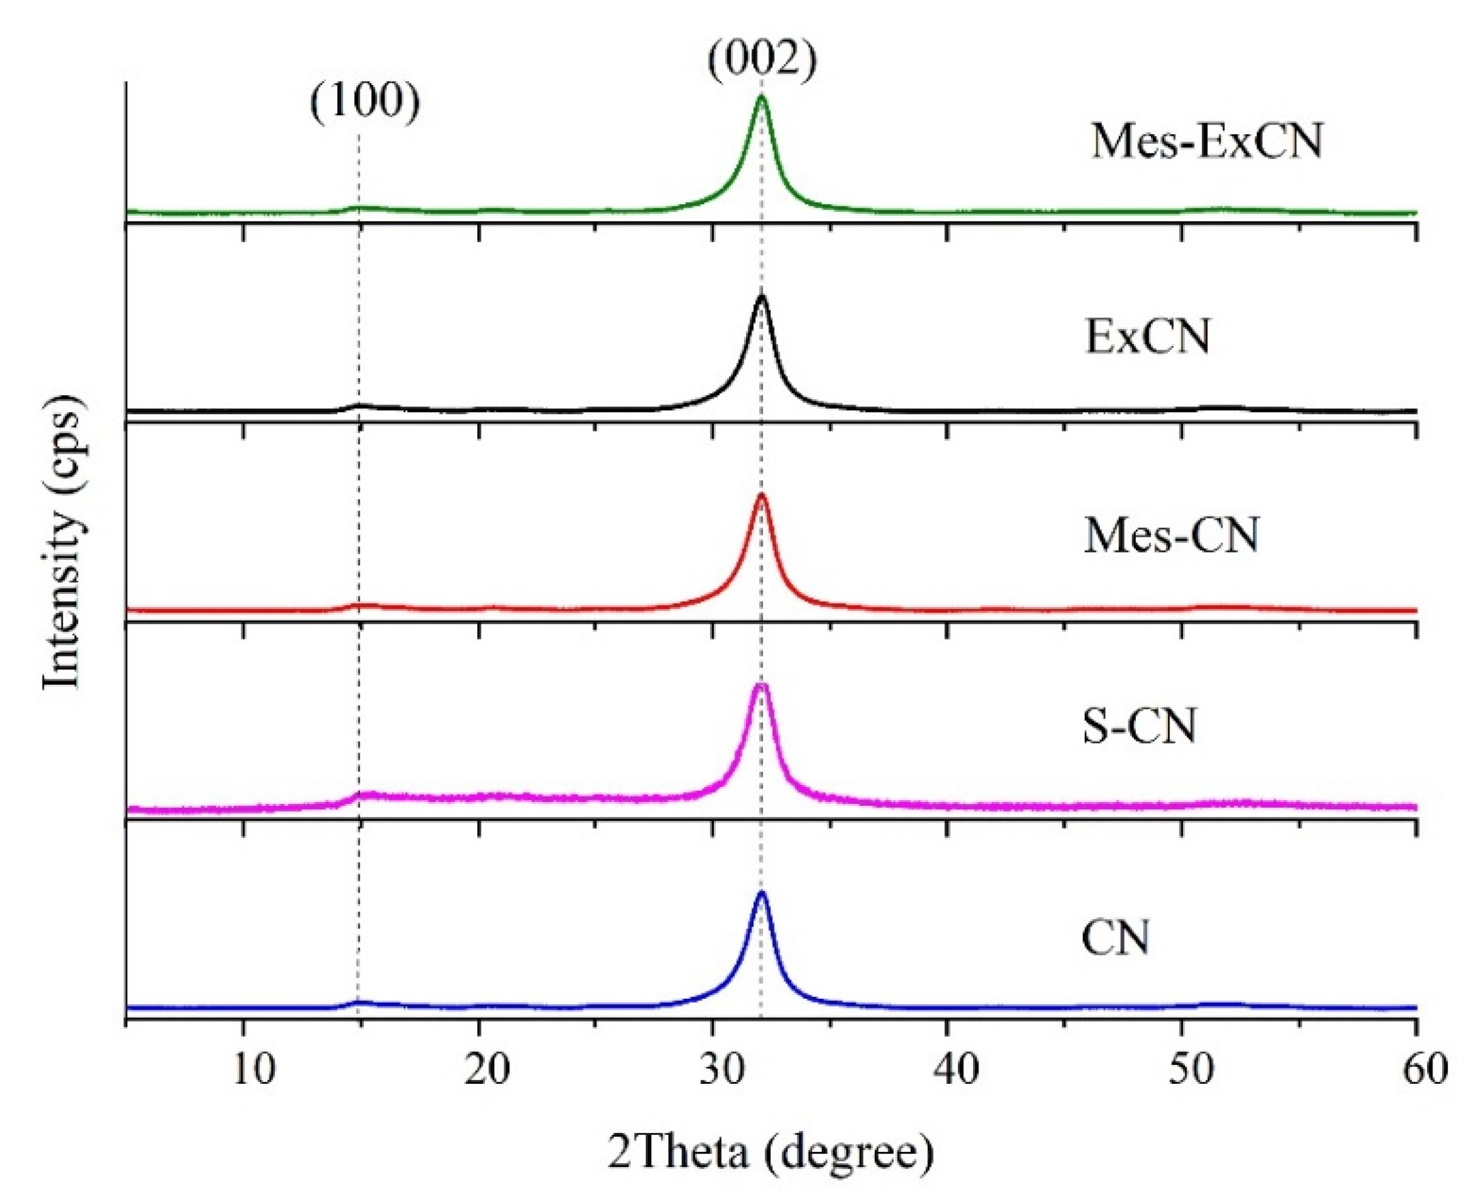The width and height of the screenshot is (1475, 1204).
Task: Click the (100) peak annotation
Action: pos(365,103)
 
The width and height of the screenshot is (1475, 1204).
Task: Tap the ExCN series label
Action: pos(1147,337)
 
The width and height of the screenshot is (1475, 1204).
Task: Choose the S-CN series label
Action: pos(1139,727)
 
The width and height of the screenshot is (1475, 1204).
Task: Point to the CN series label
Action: pos(1115,939)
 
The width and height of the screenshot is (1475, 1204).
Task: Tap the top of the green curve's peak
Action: pos(761,97)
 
